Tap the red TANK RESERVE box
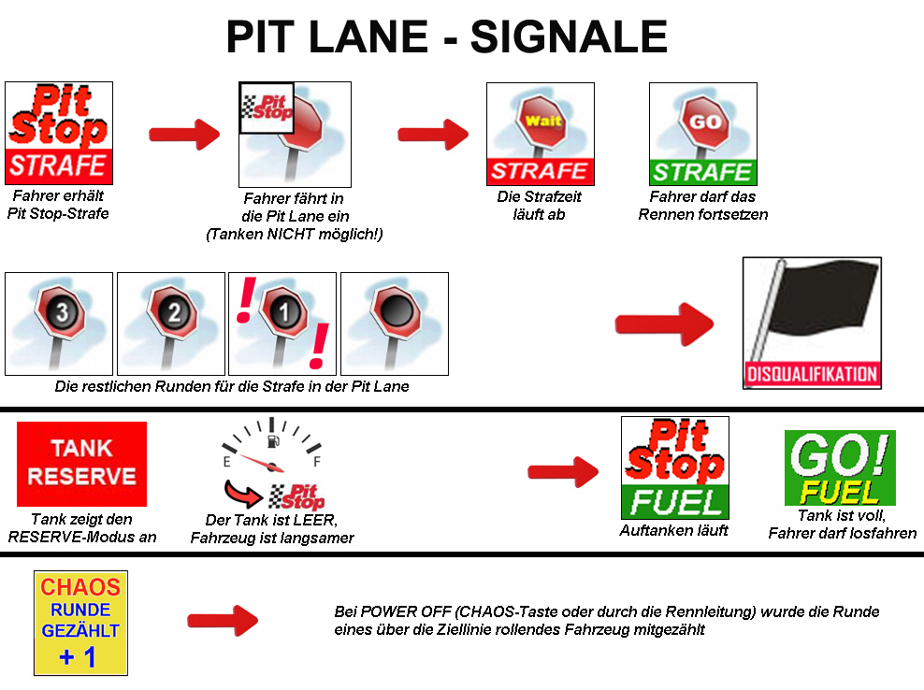[x=81, y=464]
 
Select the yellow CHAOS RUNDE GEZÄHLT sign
[x=80, y=623]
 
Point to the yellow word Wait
[x=542, y=121]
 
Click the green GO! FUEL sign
[x=840, y=467]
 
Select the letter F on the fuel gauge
[x=317, y=461]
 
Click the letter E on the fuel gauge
[x=227, y=462]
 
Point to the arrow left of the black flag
[x=664, y=323]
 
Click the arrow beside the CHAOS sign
[x=223, y=620]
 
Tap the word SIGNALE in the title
[x=569, y=36]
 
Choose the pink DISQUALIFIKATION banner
[x=812, y=374]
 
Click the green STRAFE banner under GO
[x=703, y=172]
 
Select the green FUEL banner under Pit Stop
[x=675, y=501]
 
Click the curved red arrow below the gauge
[x=242, y=494]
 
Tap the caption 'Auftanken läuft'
[x=673, y=530]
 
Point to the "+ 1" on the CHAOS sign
[x=78, y=656]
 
